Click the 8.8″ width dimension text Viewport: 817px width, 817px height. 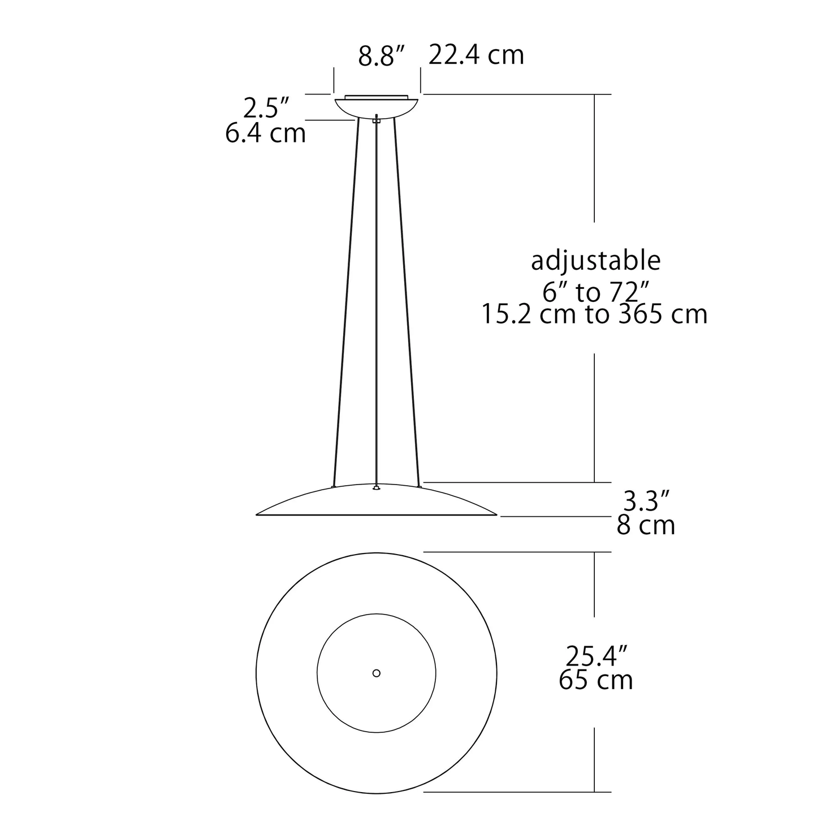click(x=382, y=57)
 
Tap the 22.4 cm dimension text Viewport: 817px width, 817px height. click(x=476, y=55)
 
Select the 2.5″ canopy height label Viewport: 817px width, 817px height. click(x=266, y=108)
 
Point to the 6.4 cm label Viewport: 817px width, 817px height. click(x=265, y=134)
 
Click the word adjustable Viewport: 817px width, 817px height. click(x=595, y=261)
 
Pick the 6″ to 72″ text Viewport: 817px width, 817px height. click(x=595, y=292)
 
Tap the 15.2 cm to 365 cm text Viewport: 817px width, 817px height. click(x=594, y=314)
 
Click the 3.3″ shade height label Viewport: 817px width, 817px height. click(x=646, y=501)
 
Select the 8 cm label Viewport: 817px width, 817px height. click(x=646, y=526)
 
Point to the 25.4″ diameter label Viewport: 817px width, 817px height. click(x=597, y=656)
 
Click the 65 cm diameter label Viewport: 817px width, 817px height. click(x=595, y=680)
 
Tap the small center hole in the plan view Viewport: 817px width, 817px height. click(x=377, y=673)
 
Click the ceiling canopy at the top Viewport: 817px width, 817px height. click(x=377, y=106)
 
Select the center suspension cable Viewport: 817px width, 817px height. click(x=377, y=300)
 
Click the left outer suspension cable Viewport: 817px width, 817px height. click(x=346, y=300)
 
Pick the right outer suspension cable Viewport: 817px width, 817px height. click(x=407, y=300)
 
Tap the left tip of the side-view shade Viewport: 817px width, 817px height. click(x=258, y=515)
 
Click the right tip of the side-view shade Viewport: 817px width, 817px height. click(x=495, y=515)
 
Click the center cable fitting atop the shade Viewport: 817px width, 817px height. click(x=377, y=487)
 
